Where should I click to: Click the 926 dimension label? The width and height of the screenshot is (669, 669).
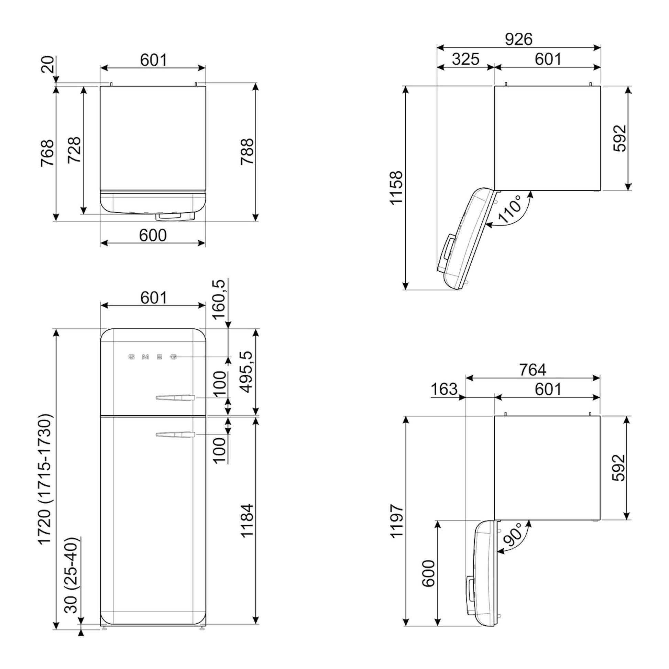click(x=518, y=39)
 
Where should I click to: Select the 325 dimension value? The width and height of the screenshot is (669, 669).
click(x=466, y=59)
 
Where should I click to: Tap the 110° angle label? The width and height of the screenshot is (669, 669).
click(x=509, y=209)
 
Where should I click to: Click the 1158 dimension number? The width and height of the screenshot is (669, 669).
click(x=396, y=188)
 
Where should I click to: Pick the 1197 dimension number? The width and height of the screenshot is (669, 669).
click(x=396, y=522)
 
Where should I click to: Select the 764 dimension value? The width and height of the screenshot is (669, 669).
click(x=533, y=370)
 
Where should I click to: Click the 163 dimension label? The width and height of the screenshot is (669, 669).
click(x=444, y=389)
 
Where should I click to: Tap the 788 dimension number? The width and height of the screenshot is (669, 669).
click(x=247, y=152)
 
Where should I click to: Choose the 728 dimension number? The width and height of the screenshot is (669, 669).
click(x=74, y=150)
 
